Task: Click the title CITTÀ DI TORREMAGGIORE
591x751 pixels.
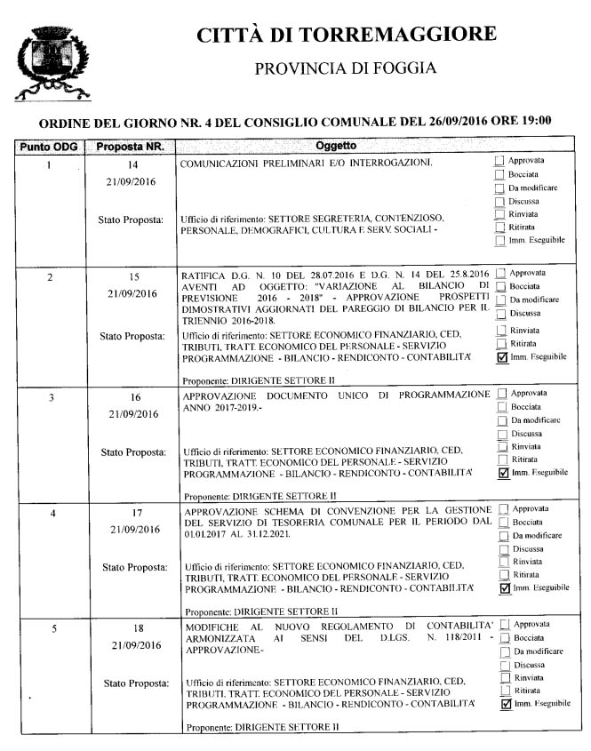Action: [x=346, y=35]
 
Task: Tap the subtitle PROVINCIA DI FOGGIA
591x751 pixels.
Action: [x=345, y=68]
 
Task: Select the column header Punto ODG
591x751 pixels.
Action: [x=50, y=146]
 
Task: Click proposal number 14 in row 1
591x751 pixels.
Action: [x=133, y=165]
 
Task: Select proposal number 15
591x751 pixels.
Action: [x=133, y=276]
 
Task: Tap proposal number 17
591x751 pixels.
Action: [x=133, y=513]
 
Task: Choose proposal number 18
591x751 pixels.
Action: [x=133, y=629]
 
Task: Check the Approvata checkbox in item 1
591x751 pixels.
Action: [x=499, y=162]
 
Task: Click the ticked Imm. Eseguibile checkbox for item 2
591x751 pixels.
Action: [x=502, y=357]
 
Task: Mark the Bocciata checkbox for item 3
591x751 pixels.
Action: [x=502, y=407]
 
